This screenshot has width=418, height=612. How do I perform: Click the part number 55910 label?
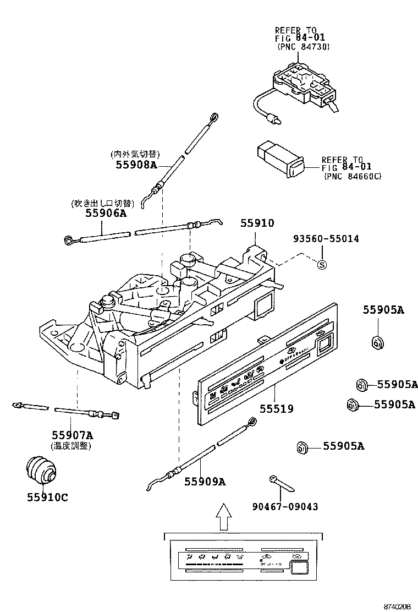coord(257,223)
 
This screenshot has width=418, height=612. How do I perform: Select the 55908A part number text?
coord(136,165)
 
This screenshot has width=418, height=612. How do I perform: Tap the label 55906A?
coord(106,213)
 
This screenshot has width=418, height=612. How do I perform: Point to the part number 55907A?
coord(73,435)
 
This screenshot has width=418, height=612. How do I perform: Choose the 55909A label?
coord(205,482)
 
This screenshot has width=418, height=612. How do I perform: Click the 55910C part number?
coord(47,497)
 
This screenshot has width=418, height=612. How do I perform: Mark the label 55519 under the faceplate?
coord(276,409)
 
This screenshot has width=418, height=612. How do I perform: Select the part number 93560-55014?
coord(326,239)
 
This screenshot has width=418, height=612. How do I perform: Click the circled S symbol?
coord(322,265)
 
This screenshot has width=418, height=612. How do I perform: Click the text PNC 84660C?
coord(353,177)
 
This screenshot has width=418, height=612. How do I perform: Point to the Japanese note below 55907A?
coord(71,446)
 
